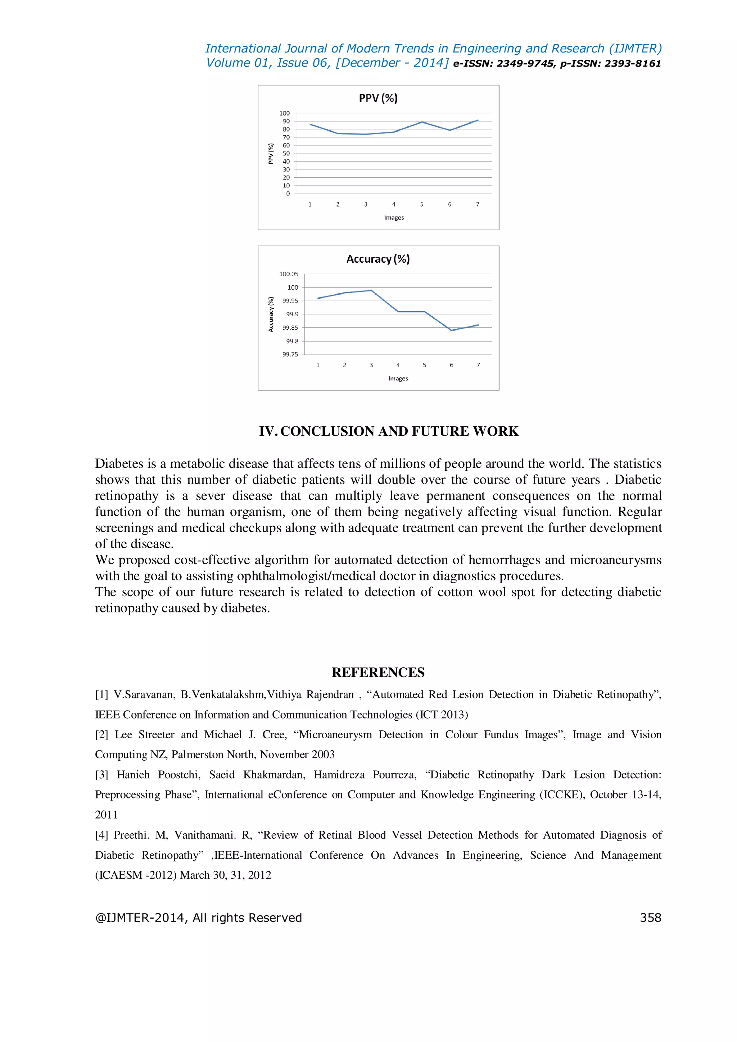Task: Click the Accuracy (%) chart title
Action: pos(378,259)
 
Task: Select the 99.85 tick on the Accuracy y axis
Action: pos(290,328)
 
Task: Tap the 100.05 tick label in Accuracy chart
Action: pos(289,274)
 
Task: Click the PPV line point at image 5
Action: pos(422,122)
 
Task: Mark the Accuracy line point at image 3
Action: pos(371,290)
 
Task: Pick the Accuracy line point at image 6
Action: pos(452,330)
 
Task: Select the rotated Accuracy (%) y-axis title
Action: pos(271,314)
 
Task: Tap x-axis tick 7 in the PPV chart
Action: pos(478,205)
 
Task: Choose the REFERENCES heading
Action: pos(378,672)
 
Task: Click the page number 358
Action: pos(650,918)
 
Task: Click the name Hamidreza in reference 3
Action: pos(339,775)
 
